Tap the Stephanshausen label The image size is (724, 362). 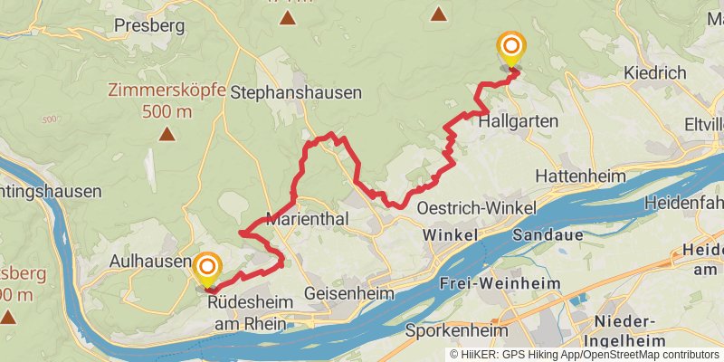click(296, 92)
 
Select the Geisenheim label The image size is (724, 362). click(350, 294)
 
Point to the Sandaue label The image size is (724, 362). click(543, 234)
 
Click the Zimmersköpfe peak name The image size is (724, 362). click(167, 90)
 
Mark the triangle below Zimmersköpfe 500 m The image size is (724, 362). click(167, 135)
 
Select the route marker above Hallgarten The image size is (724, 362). click(511, 47)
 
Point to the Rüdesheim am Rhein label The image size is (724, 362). click(246, 312)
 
